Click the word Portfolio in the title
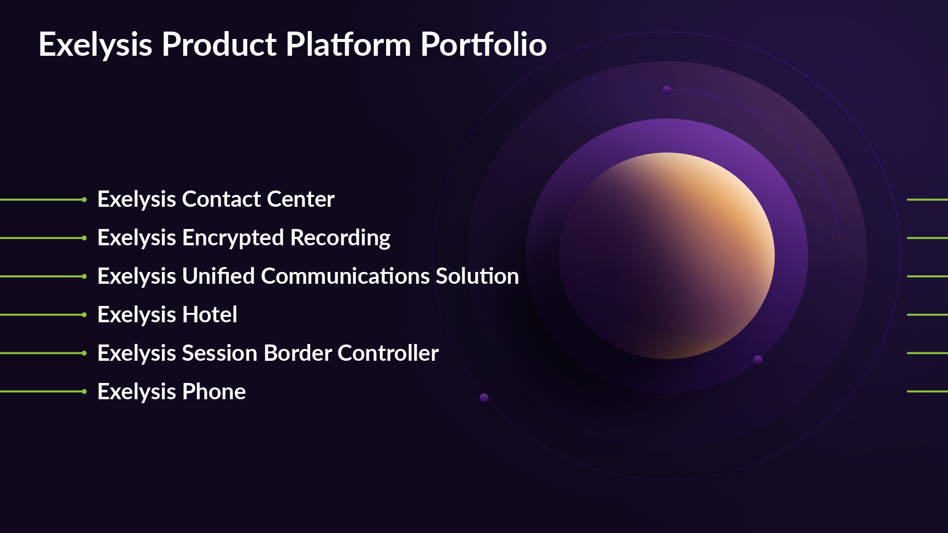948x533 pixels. pos(483,44)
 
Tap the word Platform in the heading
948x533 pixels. pos(348,44)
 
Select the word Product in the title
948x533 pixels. pos(219,44)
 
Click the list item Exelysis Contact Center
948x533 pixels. pos(216,199)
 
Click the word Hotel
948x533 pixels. pos(209,315)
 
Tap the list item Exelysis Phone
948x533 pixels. pos(171,392)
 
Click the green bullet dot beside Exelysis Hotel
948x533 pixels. pos(84,315)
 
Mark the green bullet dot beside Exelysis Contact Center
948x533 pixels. pos(84,199)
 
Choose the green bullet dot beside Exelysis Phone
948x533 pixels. pos(84,392)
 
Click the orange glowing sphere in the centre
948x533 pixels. pos(667,256)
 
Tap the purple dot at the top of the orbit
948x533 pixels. pos(667,90)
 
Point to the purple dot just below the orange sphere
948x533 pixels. pos(758,360)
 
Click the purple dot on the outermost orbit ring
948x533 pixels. pos(484,398)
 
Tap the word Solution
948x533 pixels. pos(477,276)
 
